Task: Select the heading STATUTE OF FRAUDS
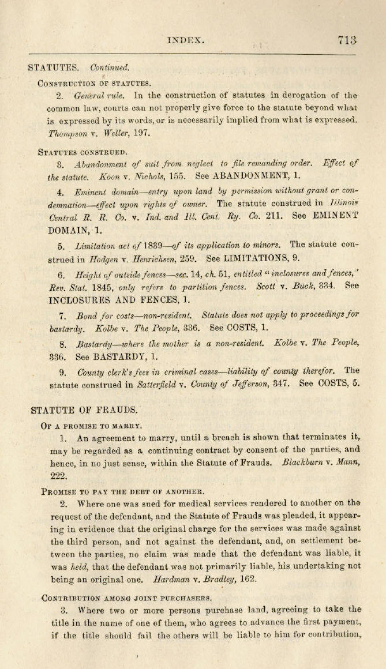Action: click(84, 411)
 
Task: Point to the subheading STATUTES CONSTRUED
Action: click(83, 152)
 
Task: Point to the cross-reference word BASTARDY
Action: click(117, 356)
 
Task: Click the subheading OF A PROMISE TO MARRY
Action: click(91, 426)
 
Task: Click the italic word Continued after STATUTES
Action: click(110, 68)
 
